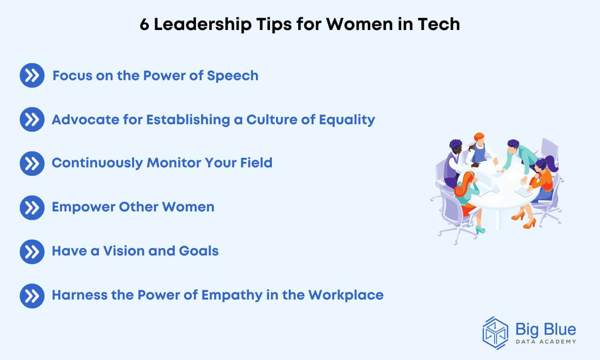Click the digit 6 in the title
pyautogui.click(x=144, y=24)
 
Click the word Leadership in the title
pyautogui.click(x=203, y=25)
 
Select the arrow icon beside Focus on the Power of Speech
pyautogui.click(x=32, y=75)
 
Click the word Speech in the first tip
pyautogui.click(x=232, y=76)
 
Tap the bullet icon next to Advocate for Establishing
pyautogui.click(x=32, y=120)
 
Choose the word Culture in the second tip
pyautogui.click(x=271, y=120)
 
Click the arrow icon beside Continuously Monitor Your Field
pyautogui.click(x=32, y=164)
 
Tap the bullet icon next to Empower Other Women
pyautogui.click(x=32, y=208)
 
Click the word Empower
pyautogui.click(x=83, y=207)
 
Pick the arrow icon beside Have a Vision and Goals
pyautogui.click(x=32, y=252)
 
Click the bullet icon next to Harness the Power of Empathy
pyautogui.click(x=32, y=296)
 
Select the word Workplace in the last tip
pyautogui.click(x=346, y=295)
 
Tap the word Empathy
pyautogui.click(x=232, y=295)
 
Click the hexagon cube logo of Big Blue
pyautogui.click(x=495, y=333)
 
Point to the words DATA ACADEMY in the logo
pyautogui.click(x=546, y=342)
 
